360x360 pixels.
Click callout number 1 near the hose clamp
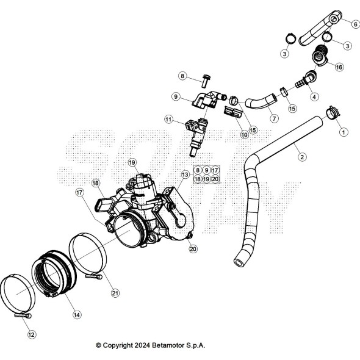click(343, 131)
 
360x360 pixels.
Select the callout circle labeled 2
click(302, 157)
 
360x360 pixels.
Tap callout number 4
click(314, 96)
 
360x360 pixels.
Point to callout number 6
click(355, 24)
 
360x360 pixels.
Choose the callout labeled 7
click(274, 118)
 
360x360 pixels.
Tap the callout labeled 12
click(32, 334)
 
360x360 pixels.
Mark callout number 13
click(185, 175)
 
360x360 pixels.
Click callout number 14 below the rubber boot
click(77, 315)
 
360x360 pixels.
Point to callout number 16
click(339, 68)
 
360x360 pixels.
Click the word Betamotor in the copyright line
click(165, 345)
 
